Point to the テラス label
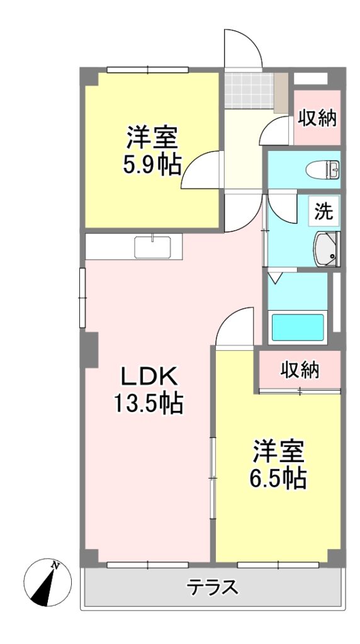coord(213,587)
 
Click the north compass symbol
coord(48,582)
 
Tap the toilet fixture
coord(323,169)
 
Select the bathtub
coord(298,327)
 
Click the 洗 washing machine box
coord(324,211)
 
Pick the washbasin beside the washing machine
coord(327,249)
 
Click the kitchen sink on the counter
coord(152,247)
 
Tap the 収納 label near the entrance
coord(317,118)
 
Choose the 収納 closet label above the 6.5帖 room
coord(300,370)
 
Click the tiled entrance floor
coord(249,91)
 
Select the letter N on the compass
coord(55,566)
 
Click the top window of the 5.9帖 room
coord(147,70)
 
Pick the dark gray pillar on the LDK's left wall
coord(91,350)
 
